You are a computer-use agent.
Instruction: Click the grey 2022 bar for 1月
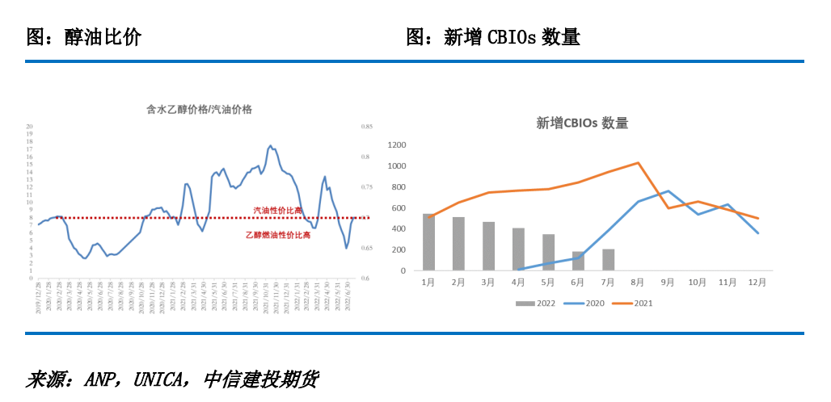(428, 242)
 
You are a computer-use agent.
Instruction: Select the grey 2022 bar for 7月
(609, 260)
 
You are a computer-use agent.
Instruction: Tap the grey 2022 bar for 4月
(518, 249)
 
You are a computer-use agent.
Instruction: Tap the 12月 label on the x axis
(758, 283)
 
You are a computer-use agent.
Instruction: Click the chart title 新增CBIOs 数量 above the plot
(582, 124)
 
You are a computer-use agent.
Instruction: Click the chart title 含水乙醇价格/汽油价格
(199, 109)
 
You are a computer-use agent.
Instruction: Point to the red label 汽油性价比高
(277, 210)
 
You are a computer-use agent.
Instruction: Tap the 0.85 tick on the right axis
(366, 127)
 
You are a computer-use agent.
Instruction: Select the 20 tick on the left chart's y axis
(30, 127)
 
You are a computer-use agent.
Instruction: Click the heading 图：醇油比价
(83, 36)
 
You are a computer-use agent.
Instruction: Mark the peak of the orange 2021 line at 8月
(639, 163)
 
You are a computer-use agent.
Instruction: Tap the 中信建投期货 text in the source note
(260, 379)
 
